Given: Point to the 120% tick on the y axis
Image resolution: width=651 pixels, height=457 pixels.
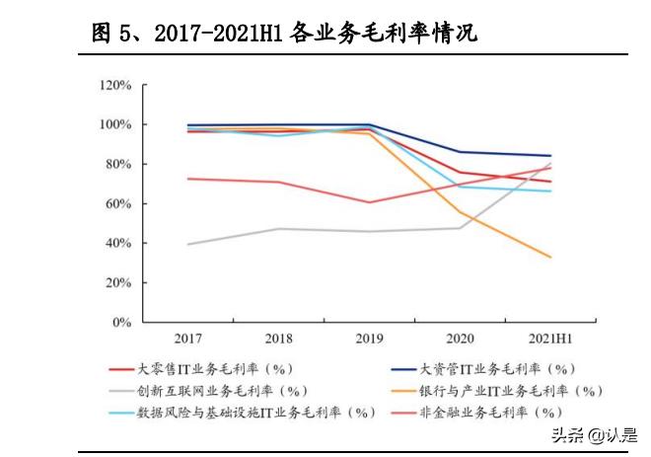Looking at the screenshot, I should [115, 86].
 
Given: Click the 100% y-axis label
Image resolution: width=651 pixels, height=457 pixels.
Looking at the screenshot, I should [115, 125].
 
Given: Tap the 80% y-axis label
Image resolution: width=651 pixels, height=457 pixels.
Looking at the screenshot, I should [118, 165].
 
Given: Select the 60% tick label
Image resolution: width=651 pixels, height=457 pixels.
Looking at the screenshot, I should [118, 204].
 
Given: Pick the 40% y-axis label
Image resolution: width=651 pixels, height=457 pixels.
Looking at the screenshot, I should [118, 244].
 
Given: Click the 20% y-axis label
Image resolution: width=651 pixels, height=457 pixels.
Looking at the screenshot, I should [118, 283].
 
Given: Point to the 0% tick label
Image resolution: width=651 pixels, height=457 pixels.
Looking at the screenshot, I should [121, 323].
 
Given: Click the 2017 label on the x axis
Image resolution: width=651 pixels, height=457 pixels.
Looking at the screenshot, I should [187, 339].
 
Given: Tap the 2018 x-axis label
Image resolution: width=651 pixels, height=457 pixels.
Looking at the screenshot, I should [278, 339].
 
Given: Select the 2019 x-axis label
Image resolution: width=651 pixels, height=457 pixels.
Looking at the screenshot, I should [369, 339].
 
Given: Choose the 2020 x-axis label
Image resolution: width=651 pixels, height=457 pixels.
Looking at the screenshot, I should [460, 339].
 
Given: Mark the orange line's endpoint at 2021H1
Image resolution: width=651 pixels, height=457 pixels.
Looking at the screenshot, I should [550, 257].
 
